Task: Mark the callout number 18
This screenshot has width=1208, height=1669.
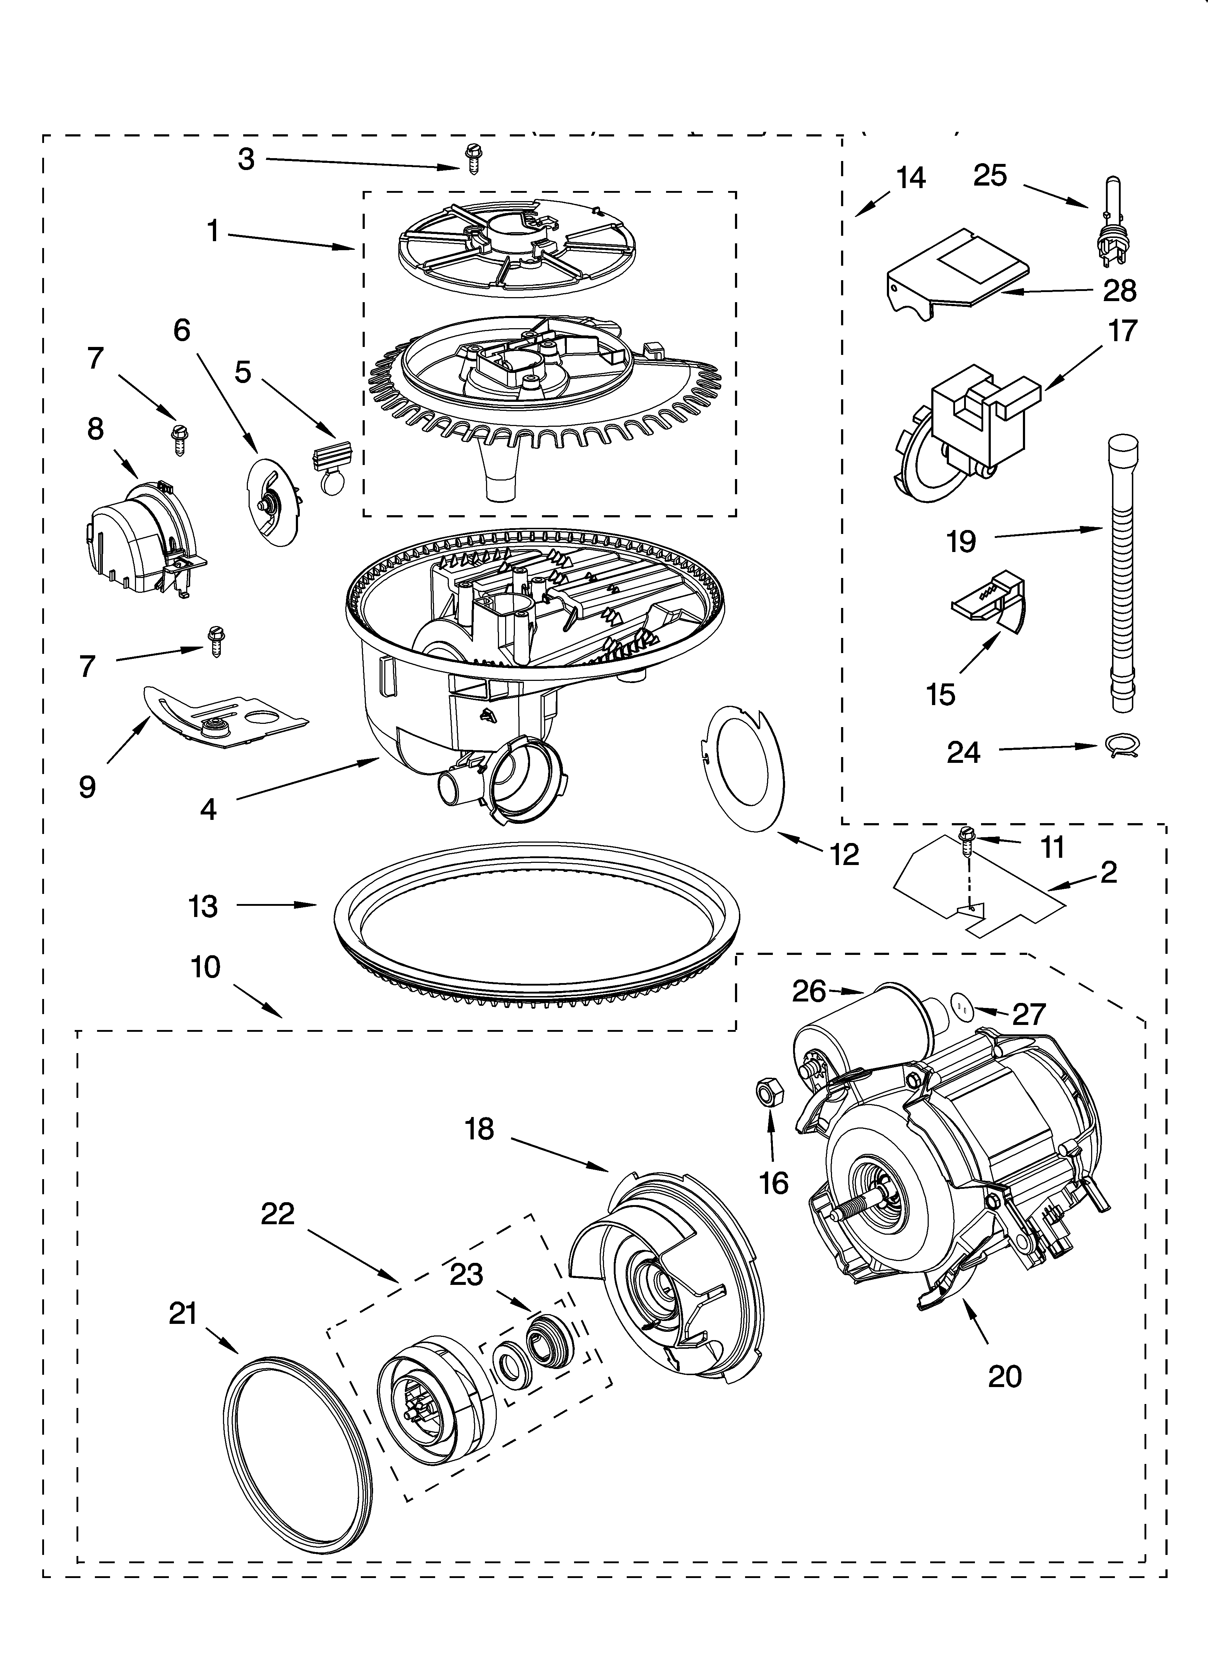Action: tap(479, 1128)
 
